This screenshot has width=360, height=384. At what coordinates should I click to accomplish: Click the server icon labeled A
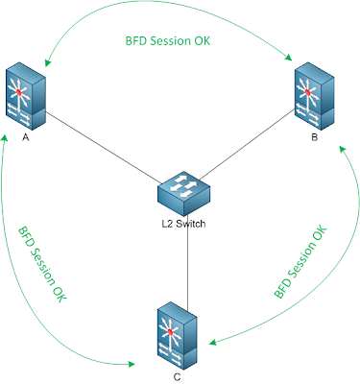point(26,97)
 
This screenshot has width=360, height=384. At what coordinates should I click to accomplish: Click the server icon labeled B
point(313,97)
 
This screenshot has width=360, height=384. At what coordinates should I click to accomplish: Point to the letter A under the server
point(25,137)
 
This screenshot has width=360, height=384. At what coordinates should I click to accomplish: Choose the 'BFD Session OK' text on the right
point(301,265)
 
